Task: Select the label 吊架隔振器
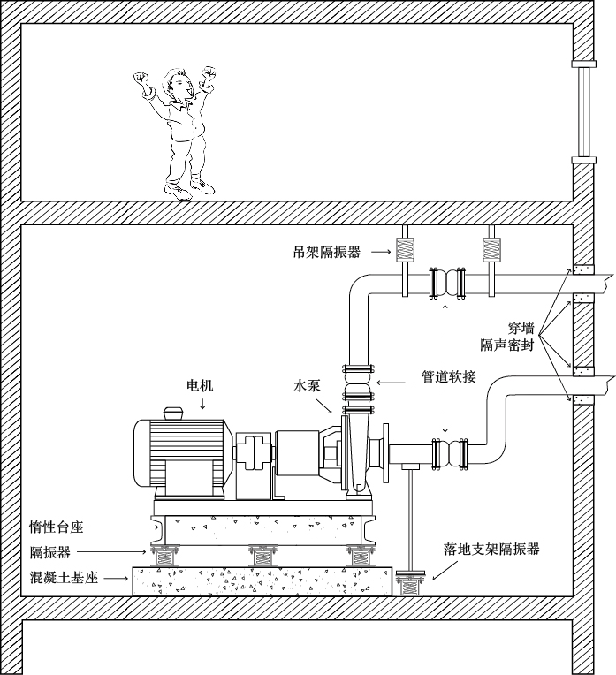[x=327, y=252]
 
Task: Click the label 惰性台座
[x=57, y=527]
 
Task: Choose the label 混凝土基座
[x=63, y=579]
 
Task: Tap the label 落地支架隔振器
[x=491, y=549]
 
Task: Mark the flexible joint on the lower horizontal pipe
[x=448, y=453]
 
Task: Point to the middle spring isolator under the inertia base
[x=262, y=556]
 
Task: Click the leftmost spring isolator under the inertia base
[x=164, y=556]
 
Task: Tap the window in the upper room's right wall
[x=582, y=111]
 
